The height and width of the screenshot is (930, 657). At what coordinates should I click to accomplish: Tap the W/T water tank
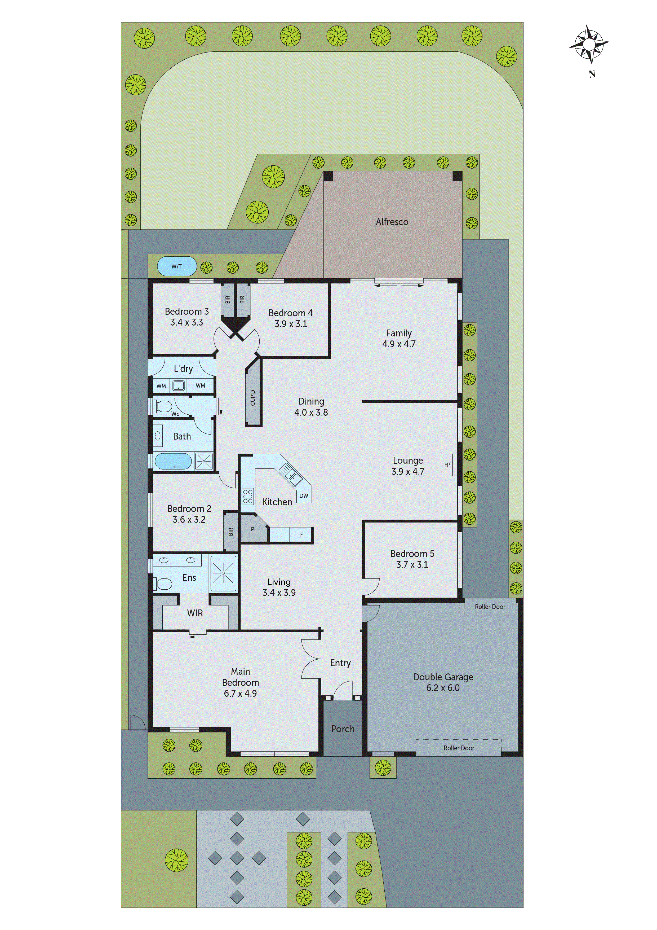point(176,266)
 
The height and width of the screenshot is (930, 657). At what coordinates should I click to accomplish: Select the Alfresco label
point(392,222)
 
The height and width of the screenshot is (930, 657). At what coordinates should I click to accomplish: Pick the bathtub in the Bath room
point(173,461)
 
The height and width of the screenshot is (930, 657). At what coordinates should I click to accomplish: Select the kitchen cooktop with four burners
point(247,496)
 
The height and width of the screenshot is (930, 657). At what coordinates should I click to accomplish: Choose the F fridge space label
point(301,535)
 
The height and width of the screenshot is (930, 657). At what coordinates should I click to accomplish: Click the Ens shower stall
point(223,573)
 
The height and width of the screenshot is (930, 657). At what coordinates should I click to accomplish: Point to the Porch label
point(343,729)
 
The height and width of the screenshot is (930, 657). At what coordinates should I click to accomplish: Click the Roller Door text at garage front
point(458,748)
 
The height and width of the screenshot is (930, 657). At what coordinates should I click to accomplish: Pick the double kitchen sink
point(290,475)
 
